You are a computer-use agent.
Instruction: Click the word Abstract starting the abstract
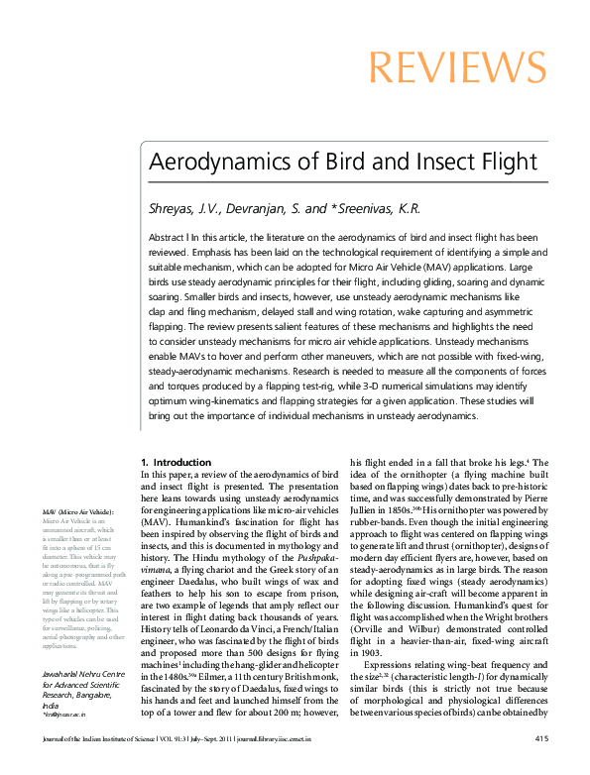click(x=167, y=239)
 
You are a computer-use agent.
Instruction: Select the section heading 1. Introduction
click(x=176, y=463)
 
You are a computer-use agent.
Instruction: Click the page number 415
click(x=541, y=738)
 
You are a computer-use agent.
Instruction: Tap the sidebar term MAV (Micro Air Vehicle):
click(x=78, y=511)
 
